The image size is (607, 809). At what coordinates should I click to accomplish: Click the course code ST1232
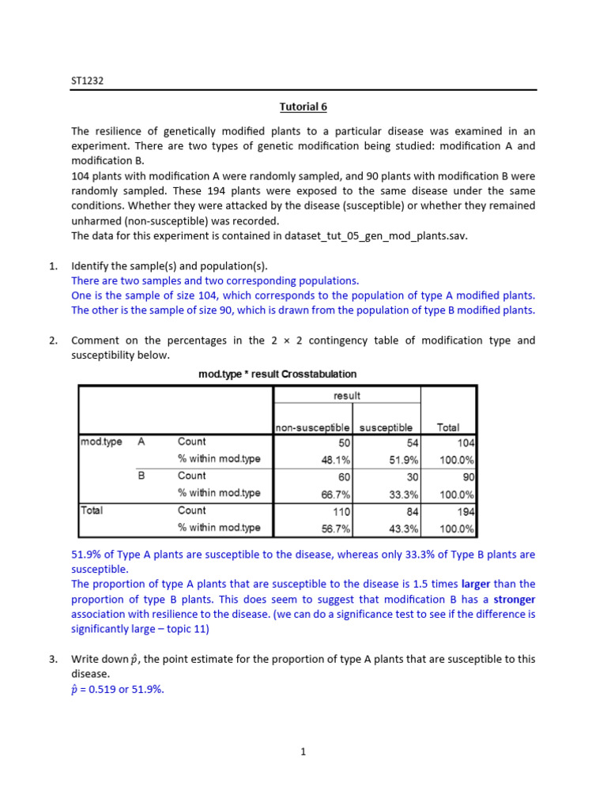click(87, 80)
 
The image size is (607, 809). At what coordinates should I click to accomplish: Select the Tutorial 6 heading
click(303, 107)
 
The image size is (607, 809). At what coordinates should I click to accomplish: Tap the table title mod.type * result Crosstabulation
click(277, 374)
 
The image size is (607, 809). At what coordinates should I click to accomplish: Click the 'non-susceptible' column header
click(313, 427)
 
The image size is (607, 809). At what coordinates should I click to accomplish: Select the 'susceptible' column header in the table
click(386, 427)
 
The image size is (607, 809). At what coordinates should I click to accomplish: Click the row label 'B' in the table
click(142, 476)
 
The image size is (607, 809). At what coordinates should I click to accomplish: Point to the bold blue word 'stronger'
click(513, 599)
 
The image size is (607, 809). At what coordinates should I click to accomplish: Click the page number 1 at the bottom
click(303, 752)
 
